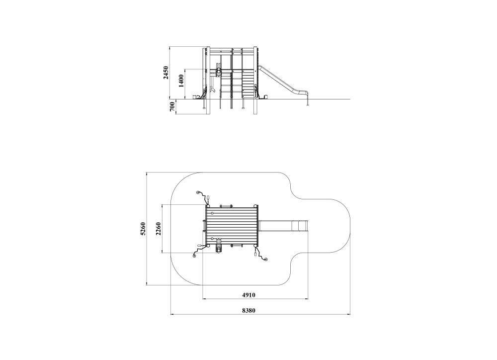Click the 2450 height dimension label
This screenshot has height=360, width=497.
click(x=166, y=73)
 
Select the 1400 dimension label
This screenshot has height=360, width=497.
click(x=181, y=81)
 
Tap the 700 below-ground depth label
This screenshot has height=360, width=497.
click(x=172, y=107)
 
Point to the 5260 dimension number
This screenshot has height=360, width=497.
click(x=143, y=229)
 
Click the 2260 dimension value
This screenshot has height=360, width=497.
click(x=158, y=229)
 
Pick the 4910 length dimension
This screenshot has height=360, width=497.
click(x=248, y=295)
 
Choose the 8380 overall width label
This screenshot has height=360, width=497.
click(x=248, y=310)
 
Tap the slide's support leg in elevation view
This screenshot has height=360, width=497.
click(x=307, y=100)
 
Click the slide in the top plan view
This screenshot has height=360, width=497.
click(x=283, y=226)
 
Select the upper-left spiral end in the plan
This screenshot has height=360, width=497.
click(x=198, y=192)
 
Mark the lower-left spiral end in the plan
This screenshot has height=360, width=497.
click(x=194, y=256)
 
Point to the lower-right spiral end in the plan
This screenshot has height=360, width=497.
click(x=265, y=260)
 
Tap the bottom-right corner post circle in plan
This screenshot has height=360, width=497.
click(x=255, y=246)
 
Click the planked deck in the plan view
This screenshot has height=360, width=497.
click(x=232, y=226)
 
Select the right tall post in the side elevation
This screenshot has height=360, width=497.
click(x=255, y=81)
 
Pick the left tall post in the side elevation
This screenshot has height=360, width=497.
click(x=208, y=81)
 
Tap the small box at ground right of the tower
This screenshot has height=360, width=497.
click(x=266, y=96)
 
